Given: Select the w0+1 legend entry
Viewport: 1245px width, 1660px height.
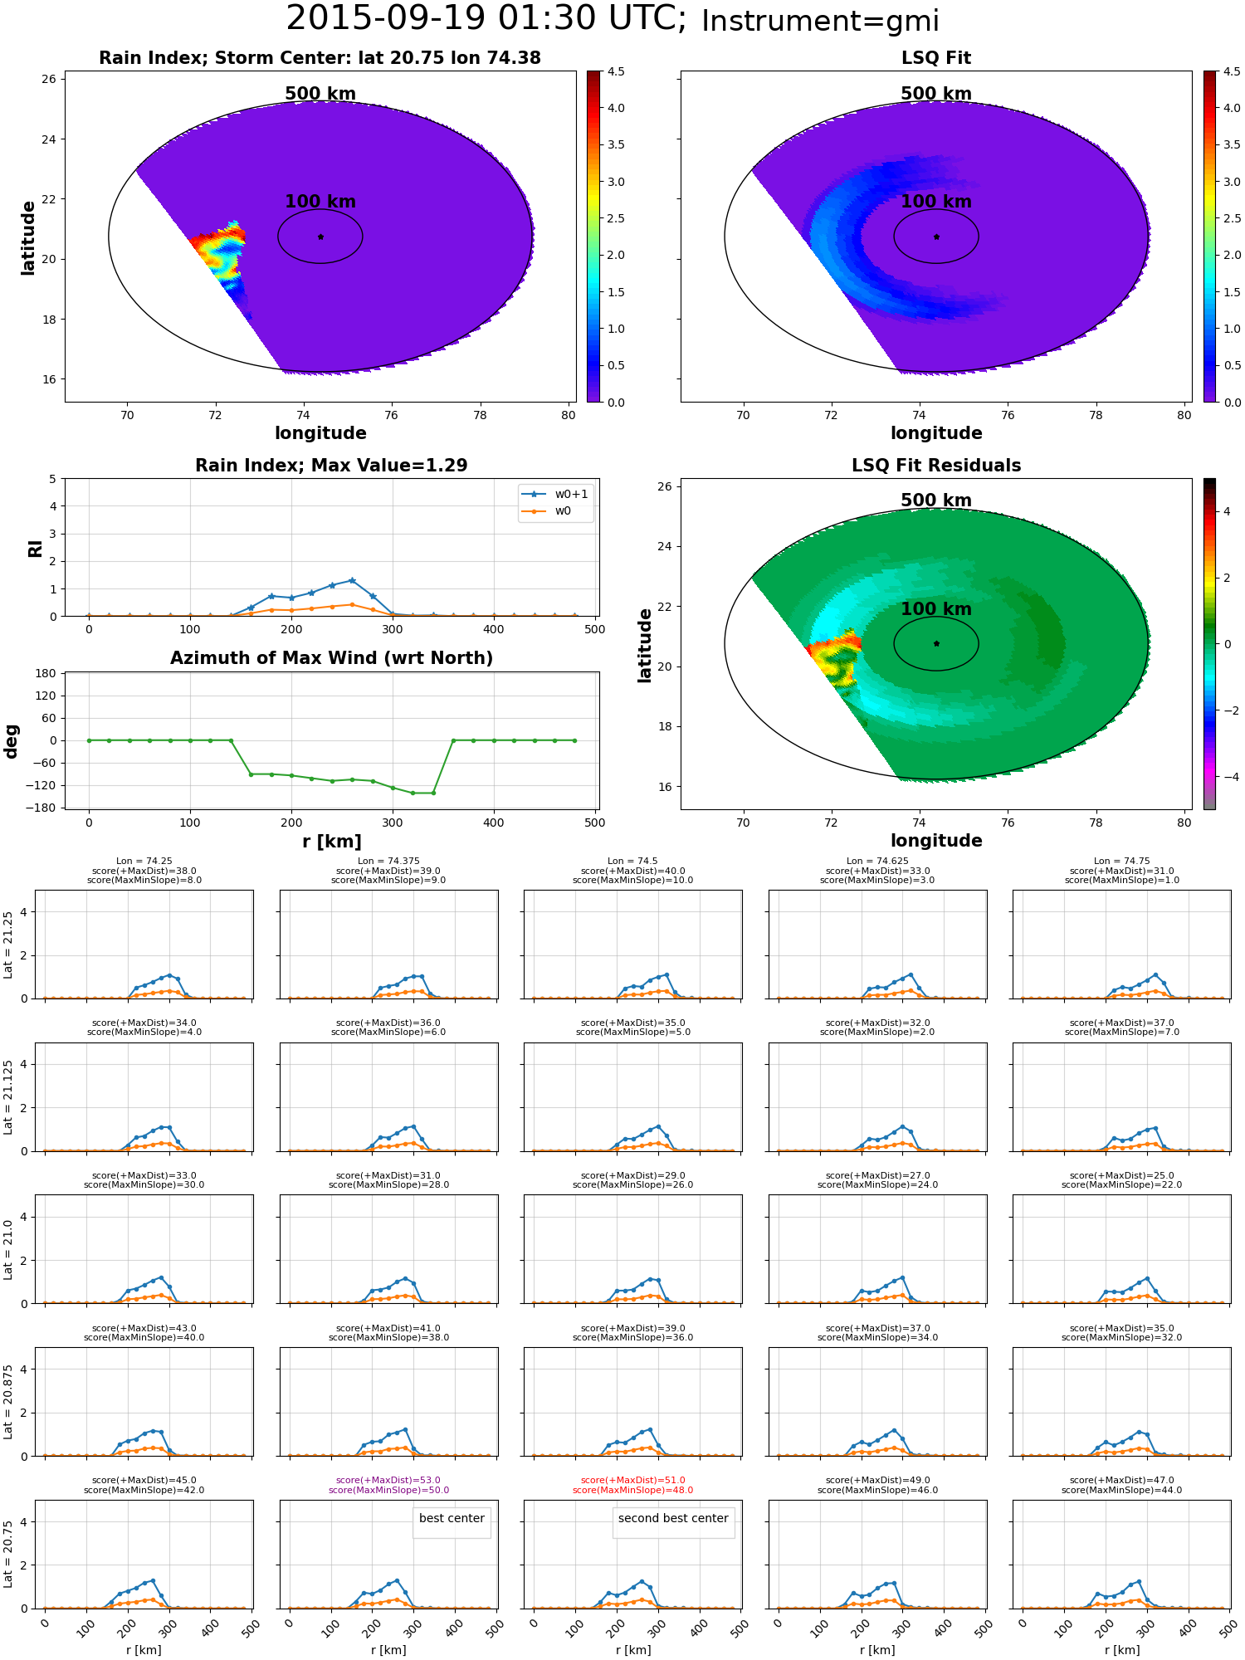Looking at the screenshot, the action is [x=555, y=495].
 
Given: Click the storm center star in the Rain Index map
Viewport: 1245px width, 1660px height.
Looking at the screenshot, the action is [x=320, y=237].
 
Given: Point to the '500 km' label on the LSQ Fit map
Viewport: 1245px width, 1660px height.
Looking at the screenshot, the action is [x=936, y=94].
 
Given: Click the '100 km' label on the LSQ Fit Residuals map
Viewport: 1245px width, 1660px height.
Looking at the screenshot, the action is [x=936, y=609].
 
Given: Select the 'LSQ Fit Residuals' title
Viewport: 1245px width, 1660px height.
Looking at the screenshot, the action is [x=936, y=466].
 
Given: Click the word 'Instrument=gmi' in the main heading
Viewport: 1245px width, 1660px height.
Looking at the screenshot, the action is [x=820, y=22].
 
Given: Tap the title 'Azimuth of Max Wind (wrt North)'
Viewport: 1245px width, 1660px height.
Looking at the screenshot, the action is [x=332, y=658].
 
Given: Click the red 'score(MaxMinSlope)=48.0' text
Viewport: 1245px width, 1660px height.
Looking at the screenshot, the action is [x=632, y=1491].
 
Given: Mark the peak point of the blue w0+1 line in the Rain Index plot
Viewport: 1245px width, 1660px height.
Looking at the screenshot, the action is [x=352, y=580].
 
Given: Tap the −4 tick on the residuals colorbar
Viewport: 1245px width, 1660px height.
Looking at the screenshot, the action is [x=1226, y=777].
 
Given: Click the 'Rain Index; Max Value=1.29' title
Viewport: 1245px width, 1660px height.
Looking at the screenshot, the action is [x=331, y=466].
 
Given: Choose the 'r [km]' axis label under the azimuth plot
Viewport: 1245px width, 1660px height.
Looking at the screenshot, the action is [x=332, y=842].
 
